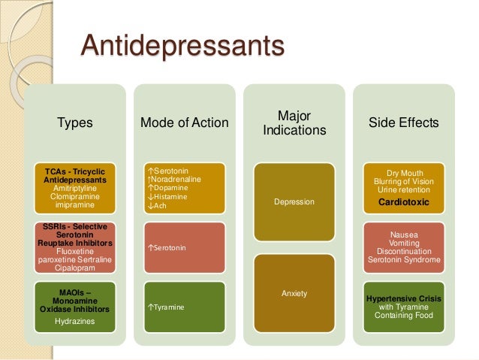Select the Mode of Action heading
pyautogui.click(x=185, y=123)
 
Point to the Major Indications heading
pyautogui.click(x=294, y=123)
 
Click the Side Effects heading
pyautogui.click(x=404, y=123)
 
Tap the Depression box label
pyautogui.click(x=294, y=202)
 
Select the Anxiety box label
pyautogui.click(x=294, y=293)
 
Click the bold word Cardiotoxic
pyautogui.click(x=404, y=202)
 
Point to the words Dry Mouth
pyautogui.click(x=404, y=172)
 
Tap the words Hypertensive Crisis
pyautogui.click(x=404, y=299)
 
